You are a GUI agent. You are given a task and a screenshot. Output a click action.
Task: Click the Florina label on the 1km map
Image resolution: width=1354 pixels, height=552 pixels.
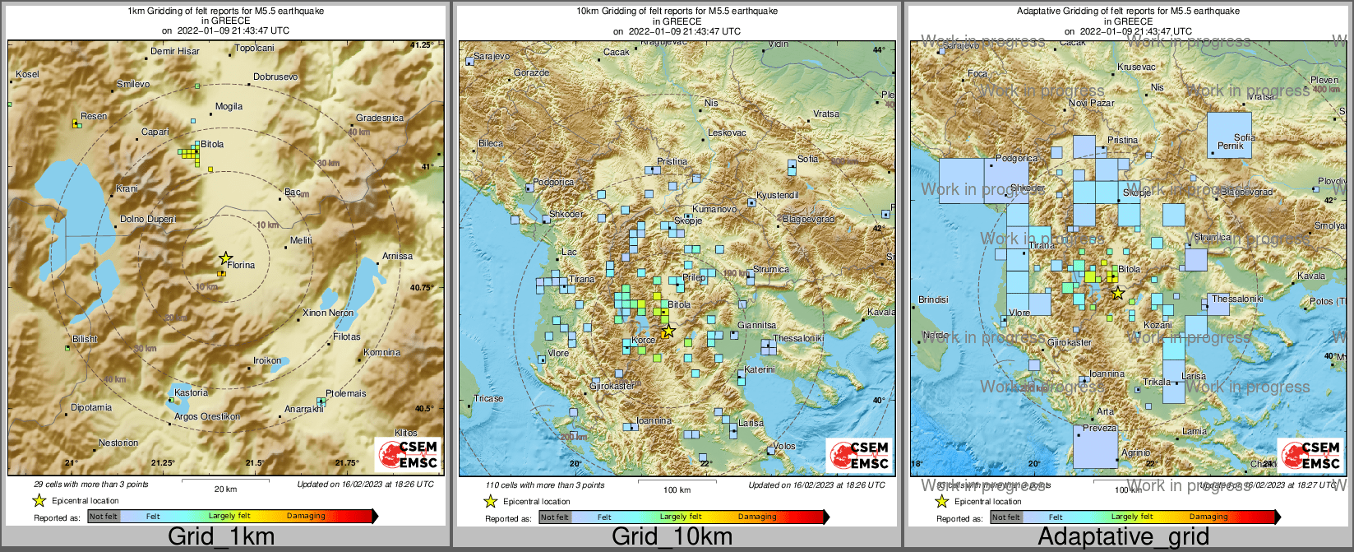point(242,265)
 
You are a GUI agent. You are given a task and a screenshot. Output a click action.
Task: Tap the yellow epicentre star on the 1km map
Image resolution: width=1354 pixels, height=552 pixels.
point(225,258)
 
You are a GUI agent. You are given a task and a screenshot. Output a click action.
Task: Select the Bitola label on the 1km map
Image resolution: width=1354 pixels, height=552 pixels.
point(212,144)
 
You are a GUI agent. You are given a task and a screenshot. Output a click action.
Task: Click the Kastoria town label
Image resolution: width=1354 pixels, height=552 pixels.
point(191,392)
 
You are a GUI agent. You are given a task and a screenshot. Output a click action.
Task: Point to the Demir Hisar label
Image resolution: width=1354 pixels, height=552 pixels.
point(174,51)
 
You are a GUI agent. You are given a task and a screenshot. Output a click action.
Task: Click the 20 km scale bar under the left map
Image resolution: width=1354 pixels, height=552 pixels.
point(225,480)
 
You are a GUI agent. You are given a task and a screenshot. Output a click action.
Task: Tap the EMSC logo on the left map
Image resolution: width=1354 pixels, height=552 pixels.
point(408,455)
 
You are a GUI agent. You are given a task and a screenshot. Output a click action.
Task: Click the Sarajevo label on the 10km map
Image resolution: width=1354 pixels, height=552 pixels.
point(492,56)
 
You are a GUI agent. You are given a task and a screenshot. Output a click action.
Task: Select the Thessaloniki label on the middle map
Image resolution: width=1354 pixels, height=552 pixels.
point(797,338)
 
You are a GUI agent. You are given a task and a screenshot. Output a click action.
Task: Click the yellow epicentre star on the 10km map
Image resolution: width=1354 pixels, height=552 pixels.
point(668,331)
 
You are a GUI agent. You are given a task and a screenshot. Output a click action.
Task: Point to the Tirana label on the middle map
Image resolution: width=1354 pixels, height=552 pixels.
point(582,279)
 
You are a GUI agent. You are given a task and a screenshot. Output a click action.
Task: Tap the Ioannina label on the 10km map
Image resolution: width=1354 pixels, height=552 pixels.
point(654,420)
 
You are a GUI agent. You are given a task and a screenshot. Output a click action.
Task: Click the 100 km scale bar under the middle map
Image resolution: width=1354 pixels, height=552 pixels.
point(677,480)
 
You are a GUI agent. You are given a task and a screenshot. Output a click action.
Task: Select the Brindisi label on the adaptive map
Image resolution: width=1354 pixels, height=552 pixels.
point(933,299)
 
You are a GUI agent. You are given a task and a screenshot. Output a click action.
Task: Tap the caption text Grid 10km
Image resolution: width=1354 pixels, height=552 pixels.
point(672,537)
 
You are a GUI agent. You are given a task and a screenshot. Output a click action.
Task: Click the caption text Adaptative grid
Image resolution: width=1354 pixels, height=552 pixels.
point(1123,537)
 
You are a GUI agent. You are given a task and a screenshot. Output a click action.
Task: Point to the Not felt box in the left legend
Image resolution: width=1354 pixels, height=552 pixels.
point(104,517)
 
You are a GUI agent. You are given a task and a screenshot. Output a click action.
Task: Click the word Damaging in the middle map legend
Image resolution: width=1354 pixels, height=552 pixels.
point(757,517)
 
